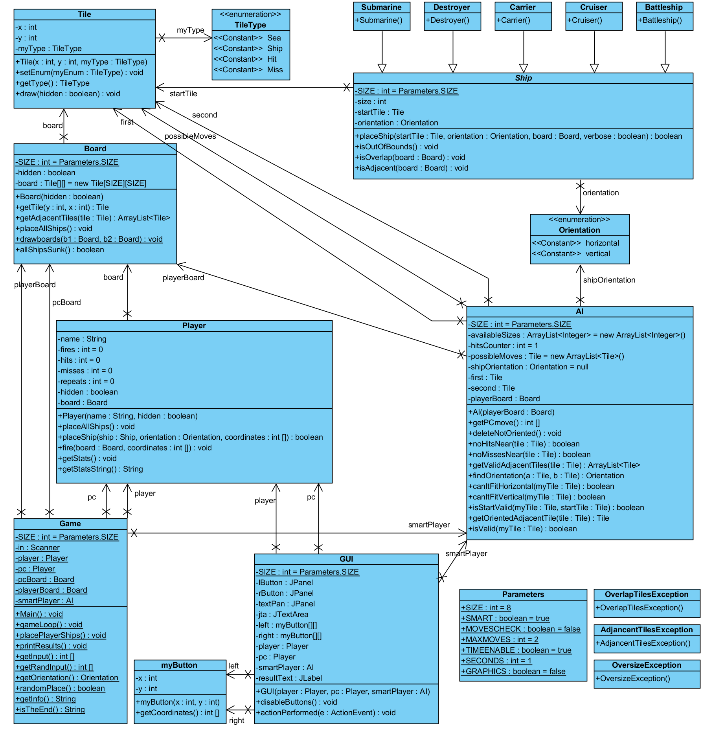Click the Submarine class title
click(x=381, y=7)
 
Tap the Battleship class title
click(x=664, y=7)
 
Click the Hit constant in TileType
click(x=272, y=59)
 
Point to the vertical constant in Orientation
click(x=597, y=254)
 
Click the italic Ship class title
click(x=523, y=78)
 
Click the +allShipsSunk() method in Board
click(x=60, y=250)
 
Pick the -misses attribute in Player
click(x=85, y=371)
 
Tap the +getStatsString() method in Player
click(x=100, y=469)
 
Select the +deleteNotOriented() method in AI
click(x=515, y=433)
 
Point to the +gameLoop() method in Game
click(x=49, y=625)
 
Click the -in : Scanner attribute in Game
click(x=38, y=548)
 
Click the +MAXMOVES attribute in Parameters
click(x=500, y=640)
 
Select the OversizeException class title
click(x=647, y=665)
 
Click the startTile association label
click(x=183, y=94)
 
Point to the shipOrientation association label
click(x=609, y=280)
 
